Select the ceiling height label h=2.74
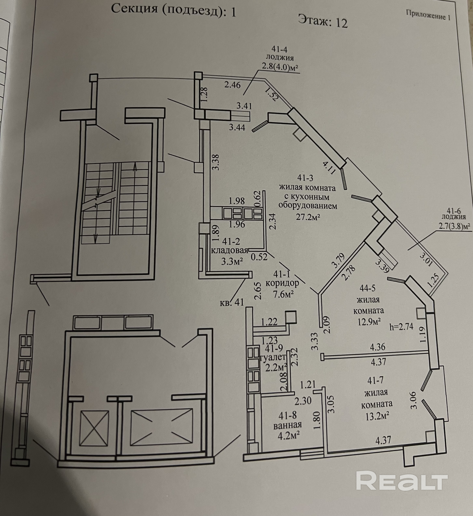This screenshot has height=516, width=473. click(401, 327)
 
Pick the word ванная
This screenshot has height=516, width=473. click(287, 425)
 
